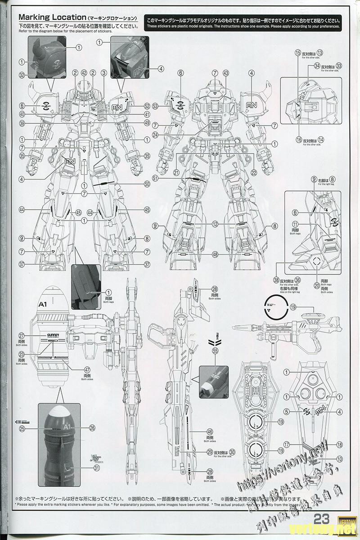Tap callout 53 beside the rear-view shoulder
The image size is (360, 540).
click(155, 106)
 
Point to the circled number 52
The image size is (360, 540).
click(147, 106)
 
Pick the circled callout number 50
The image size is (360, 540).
click(147, 184)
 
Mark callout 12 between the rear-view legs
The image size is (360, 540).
click(216, 224)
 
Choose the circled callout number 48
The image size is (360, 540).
click(216, 255)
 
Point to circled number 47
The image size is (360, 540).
click(74, 369)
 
